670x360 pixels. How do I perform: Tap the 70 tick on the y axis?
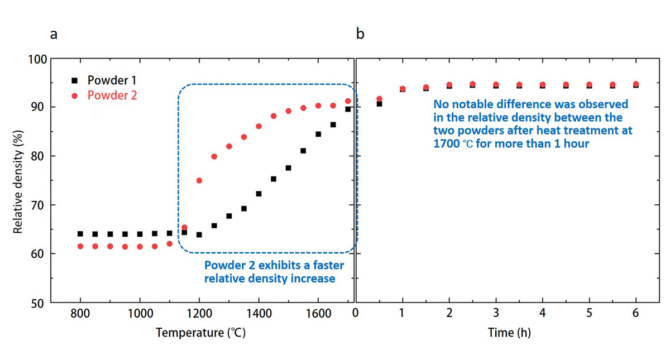39,205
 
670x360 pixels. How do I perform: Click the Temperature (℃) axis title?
200,333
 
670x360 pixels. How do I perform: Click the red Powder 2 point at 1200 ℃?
199,180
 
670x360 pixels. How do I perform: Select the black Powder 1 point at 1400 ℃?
259,194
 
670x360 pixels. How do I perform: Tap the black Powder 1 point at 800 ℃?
80,234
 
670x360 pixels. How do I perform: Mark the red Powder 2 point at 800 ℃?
80,246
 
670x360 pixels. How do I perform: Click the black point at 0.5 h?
379,104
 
